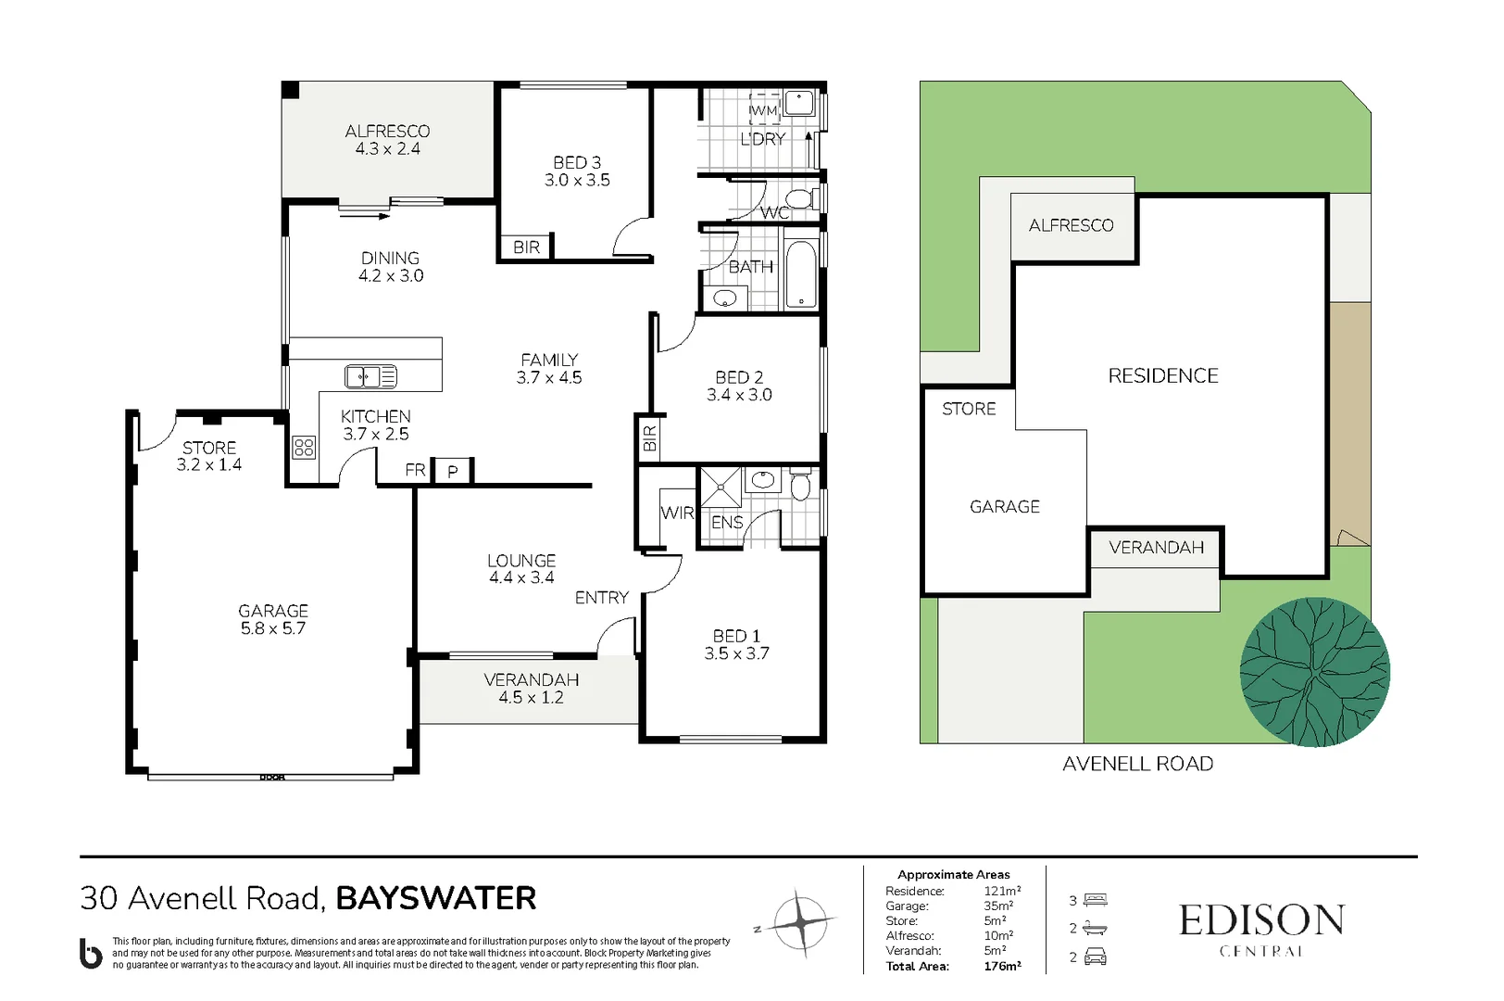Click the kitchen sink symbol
tap(370, 376)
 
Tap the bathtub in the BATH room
tap(801, 274)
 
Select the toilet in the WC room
tap(798, 198)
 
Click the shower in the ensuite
tap(721, 488)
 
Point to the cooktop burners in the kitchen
tap(304, 448)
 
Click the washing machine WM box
tap(764, 109)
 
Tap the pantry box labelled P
tap(453, 471)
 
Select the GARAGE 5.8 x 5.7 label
tap(273, 619)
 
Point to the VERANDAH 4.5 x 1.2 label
tap(531, 689)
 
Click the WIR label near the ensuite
tap(677, 513)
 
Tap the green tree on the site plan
tap(1314, 672)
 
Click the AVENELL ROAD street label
tap(1137, 764)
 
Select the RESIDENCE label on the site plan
tap(1163, 375)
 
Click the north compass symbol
tap(801, 922)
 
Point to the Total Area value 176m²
tap(1002, 966)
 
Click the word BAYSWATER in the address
tap(435, 898)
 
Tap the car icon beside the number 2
tap(1096, 957)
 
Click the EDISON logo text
tap(1260, 920)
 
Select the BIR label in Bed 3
tap(526, 247)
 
